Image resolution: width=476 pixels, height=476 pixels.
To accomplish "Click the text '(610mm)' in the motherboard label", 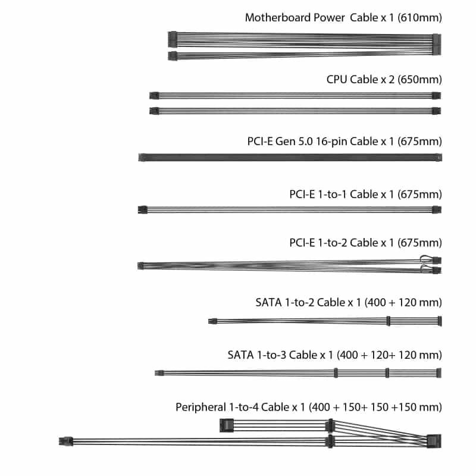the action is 419,18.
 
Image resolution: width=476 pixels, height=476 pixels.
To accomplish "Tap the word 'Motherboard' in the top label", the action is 278,17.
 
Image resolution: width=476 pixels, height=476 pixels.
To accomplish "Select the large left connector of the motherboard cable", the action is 173,39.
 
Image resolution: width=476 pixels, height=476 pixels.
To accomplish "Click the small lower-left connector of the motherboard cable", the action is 173,56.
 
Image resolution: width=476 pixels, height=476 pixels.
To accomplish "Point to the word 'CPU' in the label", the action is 337,79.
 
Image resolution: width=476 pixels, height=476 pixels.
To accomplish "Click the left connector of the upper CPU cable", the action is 154,96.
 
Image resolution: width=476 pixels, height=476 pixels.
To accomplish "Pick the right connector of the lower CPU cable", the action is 437,111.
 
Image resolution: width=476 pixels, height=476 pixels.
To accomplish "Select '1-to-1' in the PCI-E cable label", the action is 332,195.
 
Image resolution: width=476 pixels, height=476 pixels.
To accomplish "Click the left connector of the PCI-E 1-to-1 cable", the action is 143,209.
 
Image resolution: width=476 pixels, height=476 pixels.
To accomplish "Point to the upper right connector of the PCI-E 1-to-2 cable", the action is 437,260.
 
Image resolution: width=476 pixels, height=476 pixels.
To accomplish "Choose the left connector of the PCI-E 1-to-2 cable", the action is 140,265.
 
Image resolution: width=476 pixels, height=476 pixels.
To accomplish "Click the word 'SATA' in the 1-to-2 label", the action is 268,302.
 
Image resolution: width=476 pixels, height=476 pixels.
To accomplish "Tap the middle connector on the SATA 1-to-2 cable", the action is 389,321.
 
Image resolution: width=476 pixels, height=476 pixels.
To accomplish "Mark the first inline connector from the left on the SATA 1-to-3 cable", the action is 336,373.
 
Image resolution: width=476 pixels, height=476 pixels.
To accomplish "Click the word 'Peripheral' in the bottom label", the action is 201,407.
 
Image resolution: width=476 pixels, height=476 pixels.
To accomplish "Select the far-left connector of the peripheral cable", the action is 66,441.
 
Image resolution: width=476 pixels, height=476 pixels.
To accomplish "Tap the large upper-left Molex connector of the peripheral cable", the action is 227,425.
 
